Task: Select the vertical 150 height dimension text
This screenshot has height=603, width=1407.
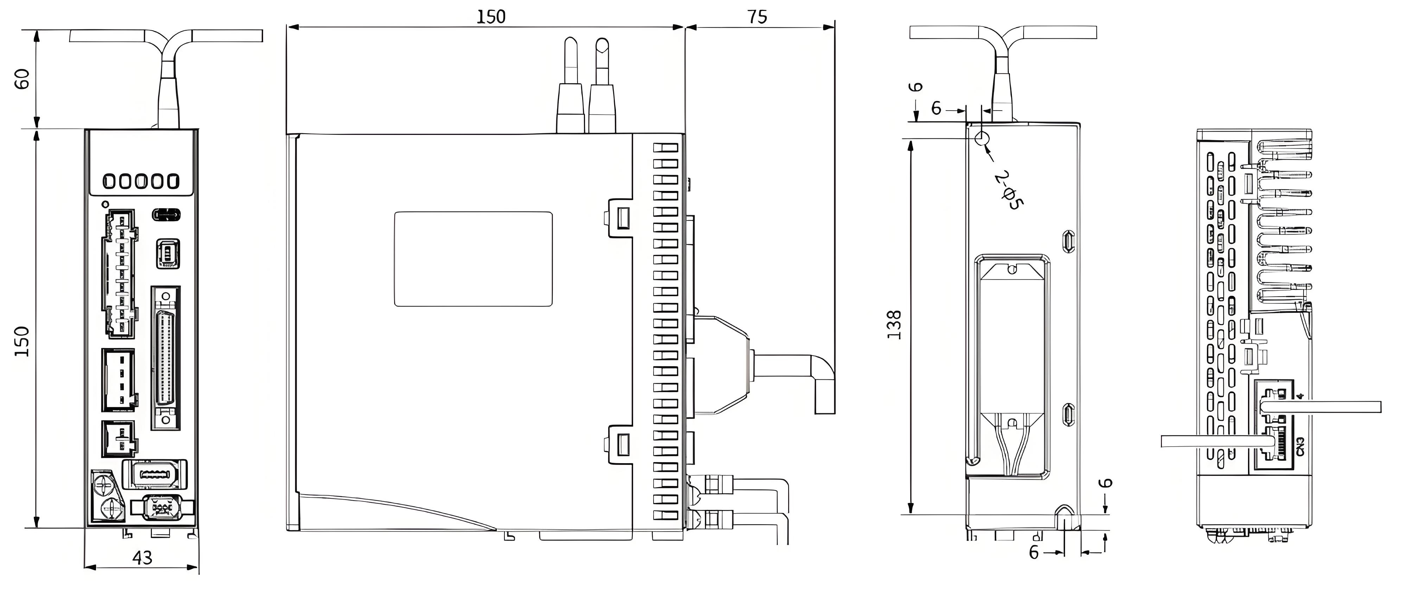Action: click(x=22, y=341)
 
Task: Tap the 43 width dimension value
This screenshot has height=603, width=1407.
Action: click(x=142, y=558)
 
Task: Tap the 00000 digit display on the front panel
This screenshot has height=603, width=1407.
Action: click(x=141, y=181)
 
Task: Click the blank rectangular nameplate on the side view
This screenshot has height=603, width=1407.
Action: click(x=473, y=259)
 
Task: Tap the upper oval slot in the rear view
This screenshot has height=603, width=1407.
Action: click(x=1068, y=241)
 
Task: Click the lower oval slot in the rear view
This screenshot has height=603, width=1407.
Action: click(x=1068, y=414)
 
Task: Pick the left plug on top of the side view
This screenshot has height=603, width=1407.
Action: click(x=570, y=87)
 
